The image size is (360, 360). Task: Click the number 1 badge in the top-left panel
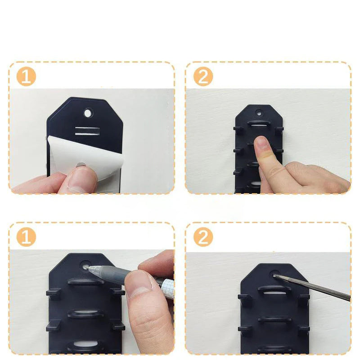pos(26,76)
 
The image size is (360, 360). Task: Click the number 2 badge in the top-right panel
pos(203,76)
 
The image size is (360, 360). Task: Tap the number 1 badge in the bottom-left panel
pos(26,237)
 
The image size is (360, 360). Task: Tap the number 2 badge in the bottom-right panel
pos(203,237)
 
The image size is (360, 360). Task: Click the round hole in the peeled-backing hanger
pos(88,113)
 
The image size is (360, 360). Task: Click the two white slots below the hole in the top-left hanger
pos(87,130)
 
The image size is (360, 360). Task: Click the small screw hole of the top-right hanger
pos(259,113)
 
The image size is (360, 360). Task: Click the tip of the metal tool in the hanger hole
pos(274,275)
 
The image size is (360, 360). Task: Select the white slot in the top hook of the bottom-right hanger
pos(274,294)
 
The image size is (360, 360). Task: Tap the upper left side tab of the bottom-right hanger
pos(243,297)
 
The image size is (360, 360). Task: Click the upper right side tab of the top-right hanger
pos(279,130)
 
